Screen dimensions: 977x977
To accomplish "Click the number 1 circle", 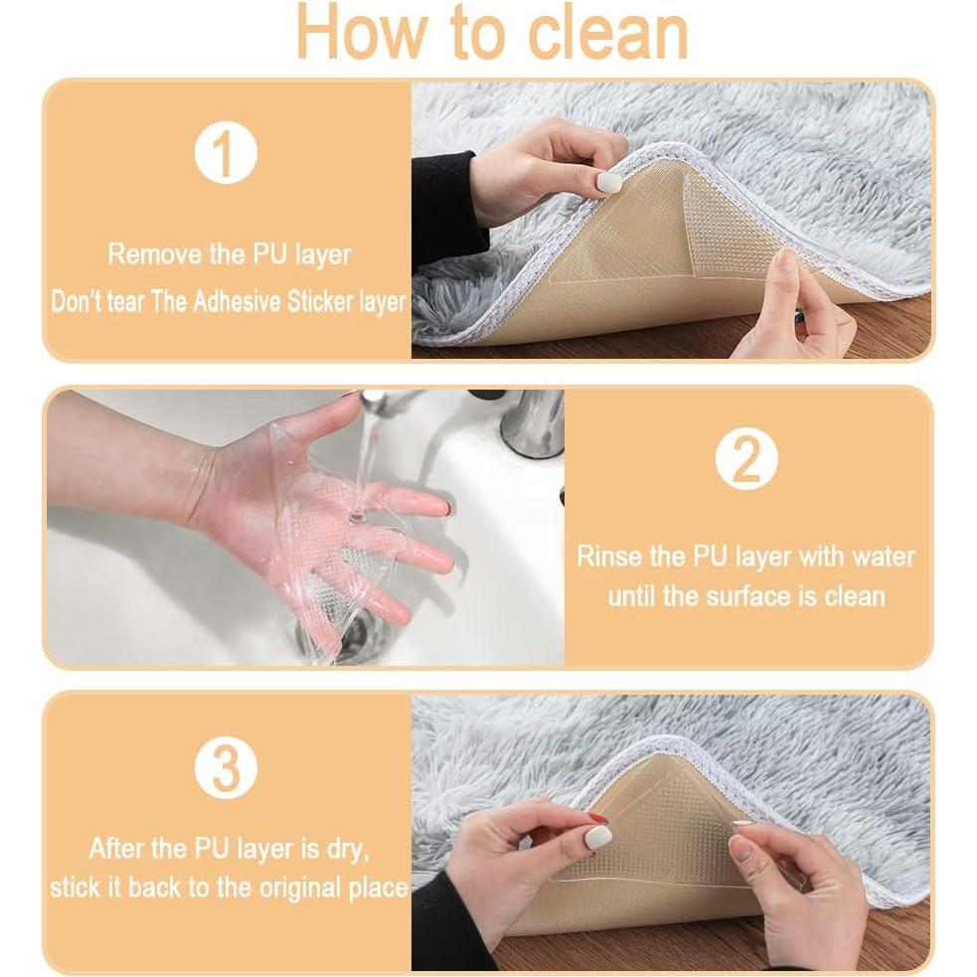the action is pyautogui.click(x=226, y=153).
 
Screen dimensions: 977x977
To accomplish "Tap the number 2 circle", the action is pyautogui.click(x=745, y=459).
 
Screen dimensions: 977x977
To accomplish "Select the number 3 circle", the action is pyautogui.click(x=226, y=767).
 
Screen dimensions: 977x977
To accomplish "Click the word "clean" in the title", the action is pyautogui.click(x=607, y=33).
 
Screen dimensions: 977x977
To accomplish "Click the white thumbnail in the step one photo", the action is pyautogui.click(x=610, y=183).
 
